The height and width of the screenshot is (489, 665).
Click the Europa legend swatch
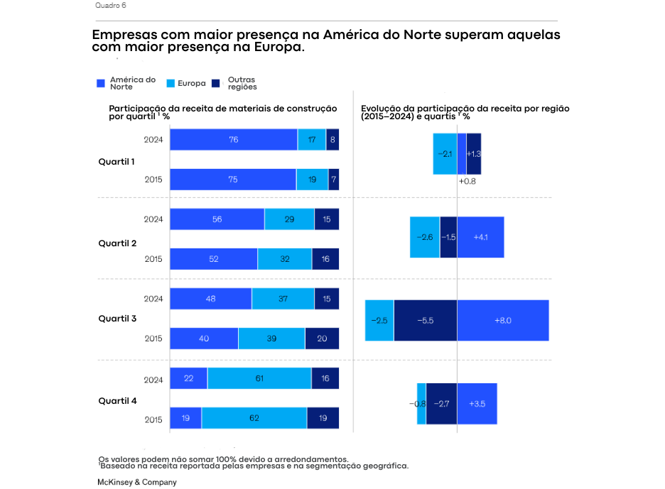coord(171,84)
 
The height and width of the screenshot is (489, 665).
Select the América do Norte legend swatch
coord(101,84)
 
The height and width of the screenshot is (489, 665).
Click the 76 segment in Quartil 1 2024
coord(233,140)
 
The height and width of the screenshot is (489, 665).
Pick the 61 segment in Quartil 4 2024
coord(259,378)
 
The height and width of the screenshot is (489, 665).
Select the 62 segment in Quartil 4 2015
coord(254,418)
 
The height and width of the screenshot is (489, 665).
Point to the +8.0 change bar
coord(502,320)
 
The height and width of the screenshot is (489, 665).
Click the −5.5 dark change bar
coord(425,320)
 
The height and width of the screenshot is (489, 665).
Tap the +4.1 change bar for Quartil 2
coord(480,237)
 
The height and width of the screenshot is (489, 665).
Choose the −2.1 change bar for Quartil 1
coord(445,153)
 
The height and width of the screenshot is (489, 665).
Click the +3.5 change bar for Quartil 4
coord(477,403)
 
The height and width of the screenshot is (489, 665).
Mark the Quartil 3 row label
coord(117,319)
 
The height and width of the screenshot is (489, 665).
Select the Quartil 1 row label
coord(117,162)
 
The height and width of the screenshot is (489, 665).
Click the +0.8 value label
coord(467,182)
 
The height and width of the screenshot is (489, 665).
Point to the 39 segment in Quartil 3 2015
coord(271,339)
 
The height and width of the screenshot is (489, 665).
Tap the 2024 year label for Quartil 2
coord(153,219)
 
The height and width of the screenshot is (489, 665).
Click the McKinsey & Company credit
coord(136,482)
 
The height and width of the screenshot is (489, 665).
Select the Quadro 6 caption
coord(111,6)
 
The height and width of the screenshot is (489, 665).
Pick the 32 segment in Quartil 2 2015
coord(284,259)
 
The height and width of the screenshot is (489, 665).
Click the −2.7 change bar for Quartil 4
coord(441,403)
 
